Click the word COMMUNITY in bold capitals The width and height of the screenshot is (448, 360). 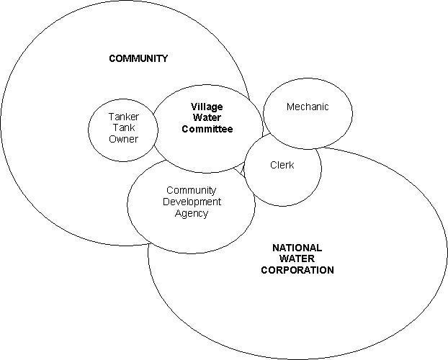click(138, 58)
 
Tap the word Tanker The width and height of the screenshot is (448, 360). click(123, 117)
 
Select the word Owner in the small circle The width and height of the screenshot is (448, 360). click(123, 139)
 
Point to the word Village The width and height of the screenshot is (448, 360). click(207, 107)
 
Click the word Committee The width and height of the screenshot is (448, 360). click(207, 130)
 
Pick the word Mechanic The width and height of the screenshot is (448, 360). click(308, 107)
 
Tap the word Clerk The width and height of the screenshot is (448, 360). click(282, 165)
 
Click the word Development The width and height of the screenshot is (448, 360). click(191, 202)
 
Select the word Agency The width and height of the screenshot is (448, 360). click(191, 213)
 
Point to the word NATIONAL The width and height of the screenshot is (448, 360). click(297, 248)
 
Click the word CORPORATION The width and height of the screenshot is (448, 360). click(297, 271)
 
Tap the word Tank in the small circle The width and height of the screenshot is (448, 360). click(123, 128)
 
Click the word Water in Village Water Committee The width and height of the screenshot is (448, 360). click(207, 118)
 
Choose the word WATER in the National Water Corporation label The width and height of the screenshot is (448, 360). click(297, 259)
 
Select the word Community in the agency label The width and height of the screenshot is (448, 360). click(191, 190)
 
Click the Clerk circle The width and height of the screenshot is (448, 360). click(282, 184)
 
